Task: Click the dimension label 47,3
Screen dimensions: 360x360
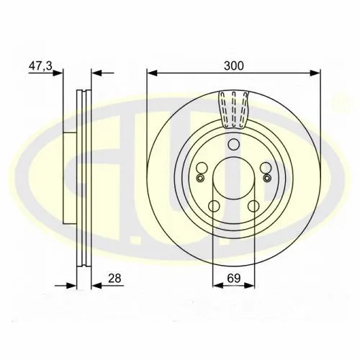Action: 40,66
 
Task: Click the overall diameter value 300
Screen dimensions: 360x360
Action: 233,66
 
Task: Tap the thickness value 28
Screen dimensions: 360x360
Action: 114,279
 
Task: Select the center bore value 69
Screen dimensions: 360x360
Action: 234,279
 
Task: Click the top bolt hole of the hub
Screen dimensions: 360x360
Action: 233,144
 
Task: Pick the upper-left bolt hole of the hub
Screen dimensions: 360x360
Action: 202,168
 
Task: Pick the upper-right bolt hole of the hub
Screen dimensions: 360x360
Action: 266,168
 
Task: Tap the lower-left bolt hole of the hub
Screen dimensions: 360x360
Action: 214,206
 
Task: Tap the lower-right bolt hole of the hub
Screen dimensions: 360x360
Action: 253,206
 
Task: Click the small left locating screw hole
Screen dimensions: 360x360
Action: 200,178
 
